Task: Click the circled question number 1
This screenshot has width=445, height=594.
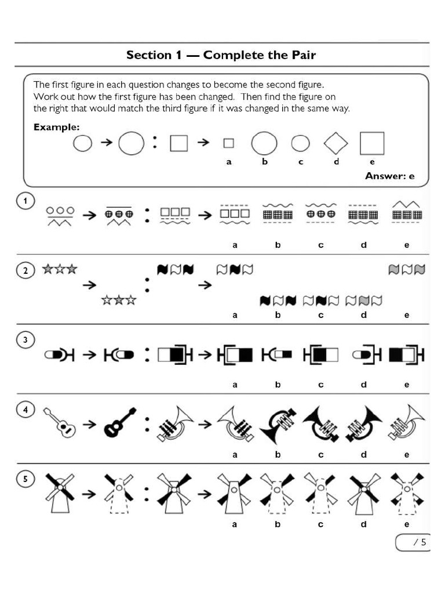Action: click(x=25, y=201)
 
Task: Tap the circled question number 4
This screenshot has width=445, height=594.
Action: click(x=25, y=410)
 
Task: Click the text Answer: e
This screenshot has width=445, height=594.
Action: click(x=389, y=176)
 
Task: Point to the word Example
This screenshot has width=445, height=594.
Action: click(x=56, y=127)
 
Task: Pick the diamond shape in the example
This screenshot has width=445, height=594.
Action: click(x=336, y=143)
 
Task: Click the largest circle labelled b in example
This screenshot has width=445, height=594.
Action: click(x=264, y=143)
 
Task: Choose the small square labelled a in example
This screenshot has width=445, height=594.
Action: click(x=229, y=143)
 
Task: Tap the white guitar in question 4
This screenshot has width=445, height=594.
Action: click(x=60, y=422)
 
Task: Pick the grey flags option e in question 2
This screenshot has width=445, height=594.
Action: click(x=406, y=270)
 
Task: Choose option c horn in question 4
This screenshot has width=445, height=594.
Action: click(x=320, y=423)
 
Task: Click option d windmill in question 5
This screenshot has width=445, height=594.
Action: click(x=363, y=493)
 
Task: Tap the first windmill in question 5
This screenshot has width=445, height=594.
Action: click(x=60, y=493)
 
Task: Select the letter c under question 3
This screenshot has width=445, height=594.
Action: click(x=320, y=385)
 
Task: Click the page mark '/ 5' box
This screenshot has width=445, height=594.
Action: click(x=414, y=542)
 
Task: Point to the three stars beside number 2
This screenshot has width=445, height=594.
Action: click(x=60, y=270)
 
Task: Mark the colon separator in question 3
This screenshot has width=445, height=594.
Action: click(x=147, y=353)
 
